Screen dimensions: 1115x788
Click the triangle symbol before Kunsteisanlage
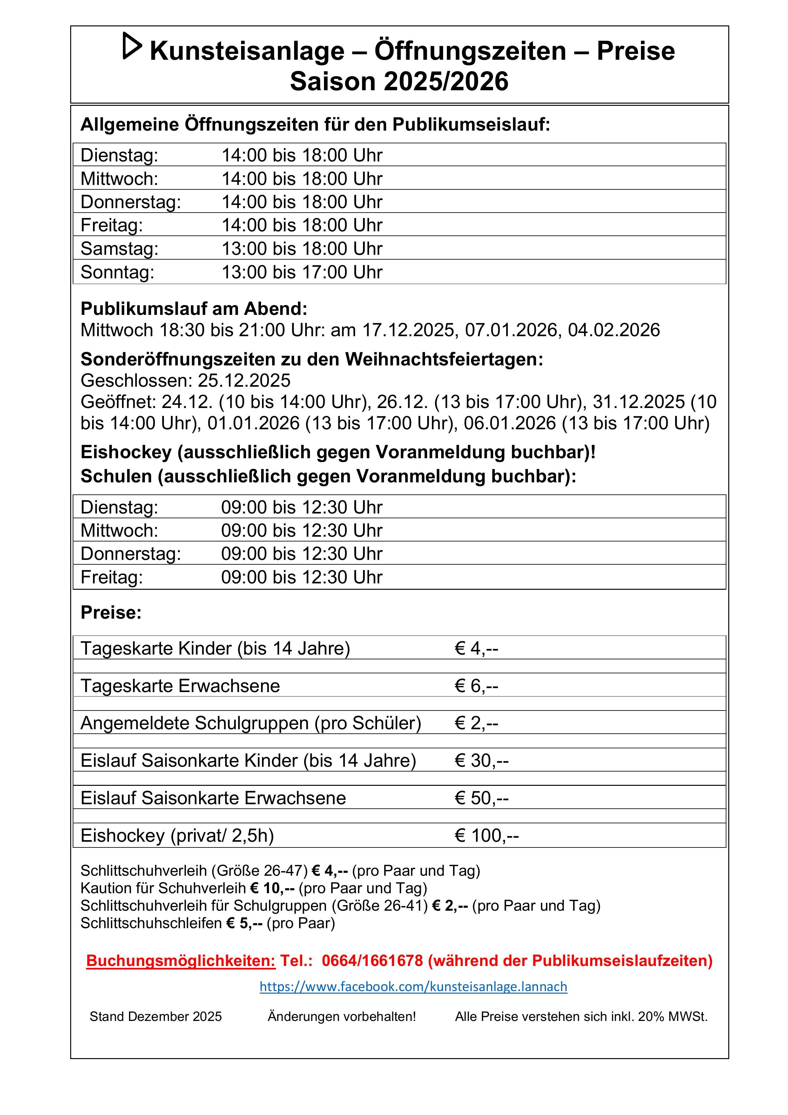tap(131, 46)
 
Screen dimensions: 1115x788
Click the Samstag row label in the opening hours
tap(119, 248)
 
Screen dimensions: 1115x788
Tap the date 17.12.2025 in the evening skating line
tap(409, 330)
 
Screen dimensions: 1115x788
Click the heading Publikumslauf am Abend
tap(194, 309)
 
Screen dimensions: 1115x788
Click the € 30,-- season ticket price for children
tap(481, 760)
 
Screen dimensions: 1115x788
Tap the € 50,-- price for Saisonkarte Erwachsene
tap(481, 798)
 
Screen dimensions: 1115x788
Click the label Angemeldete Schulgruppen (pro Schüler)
tap(251, 723)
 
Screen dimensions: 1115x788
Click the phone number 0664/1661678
tap(372, 961)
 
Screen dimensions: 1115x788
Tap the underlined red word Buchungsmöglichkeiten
tap(181, 961)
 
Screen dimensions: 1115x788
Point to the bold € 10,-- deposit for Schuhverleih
tap(273, 888)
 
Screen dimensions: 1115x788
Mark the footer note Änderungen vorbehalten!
tap(342, 1017)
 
